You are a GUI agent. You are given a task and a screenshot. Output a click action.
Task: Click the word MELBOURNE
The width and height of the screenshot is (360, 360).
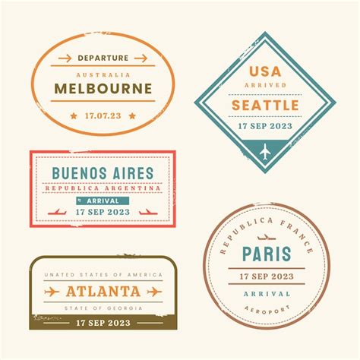pos(103,88)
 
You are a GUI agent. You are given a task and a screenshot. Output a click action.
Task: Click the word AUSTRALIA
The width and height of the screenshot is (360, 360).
pos(103,74)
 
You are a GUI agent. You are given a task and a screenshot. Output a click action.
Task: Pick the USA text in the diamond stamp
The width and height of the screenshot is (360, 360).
pos(264,71)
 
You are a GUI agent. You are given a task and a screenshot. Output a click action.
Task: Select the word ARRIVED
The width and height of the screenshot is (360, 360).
pos(264,85)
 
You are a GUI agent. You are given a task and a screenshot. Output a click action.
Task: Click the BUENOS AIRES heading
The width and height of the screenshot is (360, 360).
pos(103,173)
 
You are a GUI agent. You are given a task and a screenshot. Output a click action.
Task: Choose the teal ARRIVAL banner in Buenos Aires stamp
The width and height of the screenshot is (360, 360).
pos(103,201)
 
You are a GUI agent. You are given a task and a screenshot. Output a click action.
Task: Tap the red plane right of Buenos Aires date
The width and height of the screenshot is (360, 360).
pos(149,212)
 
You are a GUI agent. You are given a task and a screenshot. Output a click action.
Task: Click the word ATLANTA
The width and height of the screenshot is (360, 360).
pos(103,292)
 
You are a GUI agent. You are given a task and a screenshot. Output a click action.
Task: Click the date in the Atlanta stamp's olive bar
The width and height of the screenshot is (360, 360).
pos(103,322)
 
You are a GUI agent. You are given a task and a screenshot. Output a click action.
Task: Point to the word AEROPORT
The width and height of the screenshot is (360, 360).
pos(268,309)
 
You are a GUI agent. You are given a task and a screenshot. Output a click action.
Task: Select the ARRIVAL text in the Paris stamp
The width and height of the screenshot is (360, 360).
pos(268,293)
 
